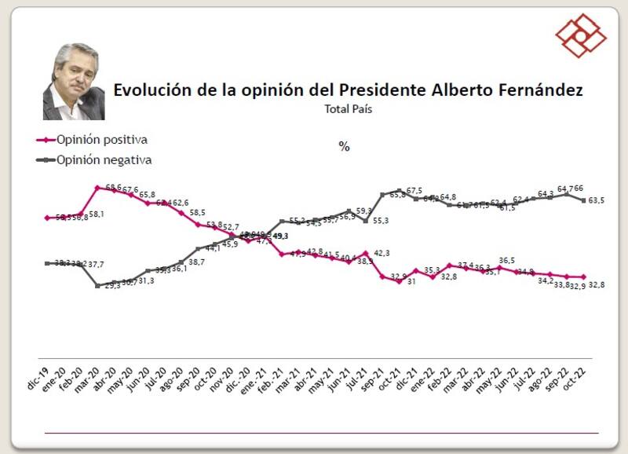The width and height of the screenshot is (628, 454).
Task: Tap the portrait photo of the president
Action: [74, 81]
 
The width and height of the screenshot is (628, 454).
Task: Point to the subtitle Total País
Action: [348, 109]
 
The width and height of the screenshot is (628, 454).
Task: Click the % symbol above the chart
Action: [344, 147]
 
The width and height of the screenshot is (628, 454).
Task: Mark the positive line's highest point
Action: [97, 188]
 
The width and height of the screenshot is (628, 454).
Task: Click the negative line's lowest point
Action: [97, 286]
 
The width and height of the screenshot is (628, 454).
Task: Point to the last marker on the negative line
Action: [584, 200]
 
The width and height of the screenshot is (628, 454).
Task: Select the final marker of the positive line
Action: [584, 276]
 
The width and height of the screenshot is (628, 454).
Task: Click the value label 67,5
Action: [414, 191]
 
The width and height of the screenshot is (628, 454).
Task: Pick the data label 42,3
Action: [381, 253]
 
